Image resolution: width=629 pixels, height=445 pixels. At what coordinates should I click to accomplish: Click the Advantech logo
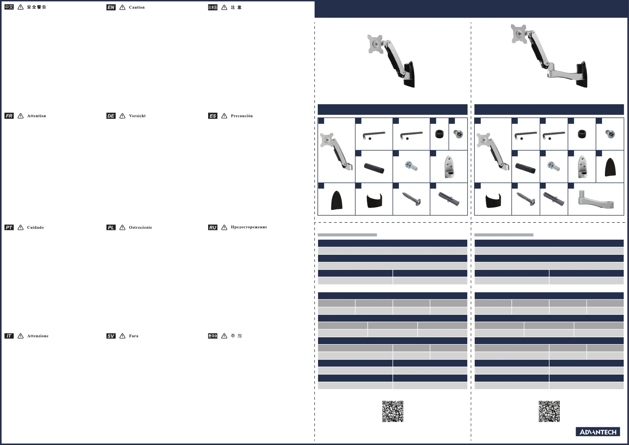[x=598, y=432]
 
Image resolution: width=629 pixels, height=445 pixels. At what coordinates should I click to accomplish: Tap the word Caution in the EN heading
[x=137, y=7]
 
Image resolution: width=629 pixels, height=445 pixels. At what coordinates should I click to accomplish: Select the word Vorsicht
[x=137, y=116]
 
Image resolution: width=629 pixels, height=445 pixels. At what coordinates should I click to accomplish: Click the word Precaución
[x=242, y=116]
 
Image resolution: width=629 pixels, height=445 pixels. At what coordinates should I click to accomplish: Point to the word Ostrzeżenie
[x=140, y=228]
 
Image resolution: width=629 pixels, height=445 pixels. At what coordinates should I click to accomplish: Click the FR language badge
[x=9, y=116]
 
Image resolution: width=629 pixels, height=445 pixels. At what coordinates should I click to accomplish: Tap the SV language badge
[x=111, y=336]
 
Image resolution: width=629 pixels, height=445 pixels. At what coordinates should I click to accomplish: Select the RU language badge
[x=213, y=228]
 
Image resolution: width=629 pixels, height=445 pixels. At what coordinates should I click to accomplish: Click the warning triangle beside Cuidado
[x=21, y=228]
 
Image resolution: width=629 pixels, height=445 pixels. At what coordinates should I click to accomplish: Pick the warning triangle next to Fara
[x=122, y=336]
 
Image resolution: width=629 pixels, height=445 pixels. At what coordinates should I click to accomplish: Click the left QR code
[x=393, y=411]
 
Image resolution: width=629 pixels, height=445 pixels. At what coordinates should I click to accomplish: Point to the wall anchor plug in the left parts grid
[x=449, y=199]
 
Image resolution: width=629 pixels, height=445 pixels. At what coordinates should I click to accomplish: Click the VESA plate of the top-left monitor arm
[x=375, y=44]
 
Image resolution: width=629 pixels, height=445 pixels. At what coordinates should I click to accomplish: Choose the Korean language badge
[x=213, y=336]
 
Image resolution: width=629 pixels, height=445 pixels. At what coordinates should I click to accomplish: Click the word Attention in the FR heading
[x=36, y=116]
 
